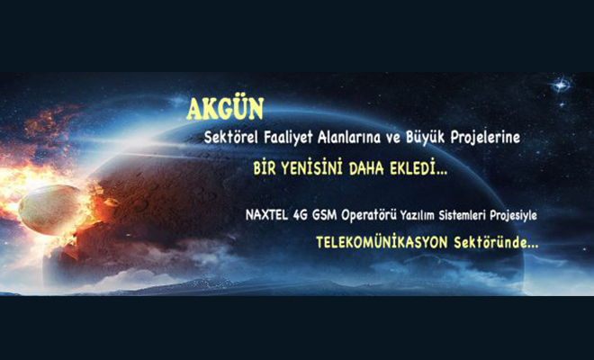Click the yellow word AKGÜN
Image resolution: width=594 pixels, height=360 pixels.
(225, 109)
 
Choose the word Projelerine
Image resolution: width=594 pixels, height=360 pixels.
(485, 138)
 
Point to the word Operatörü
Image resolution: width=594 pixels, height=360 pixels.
(369, 216)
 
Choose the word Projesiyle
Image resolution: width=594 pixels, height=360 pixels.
(513, 216)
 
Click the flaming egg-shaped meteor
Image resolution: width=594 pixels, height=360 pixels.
(50, 210)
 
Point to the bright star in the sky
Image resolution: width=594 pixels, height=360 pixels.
(561, 85)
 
